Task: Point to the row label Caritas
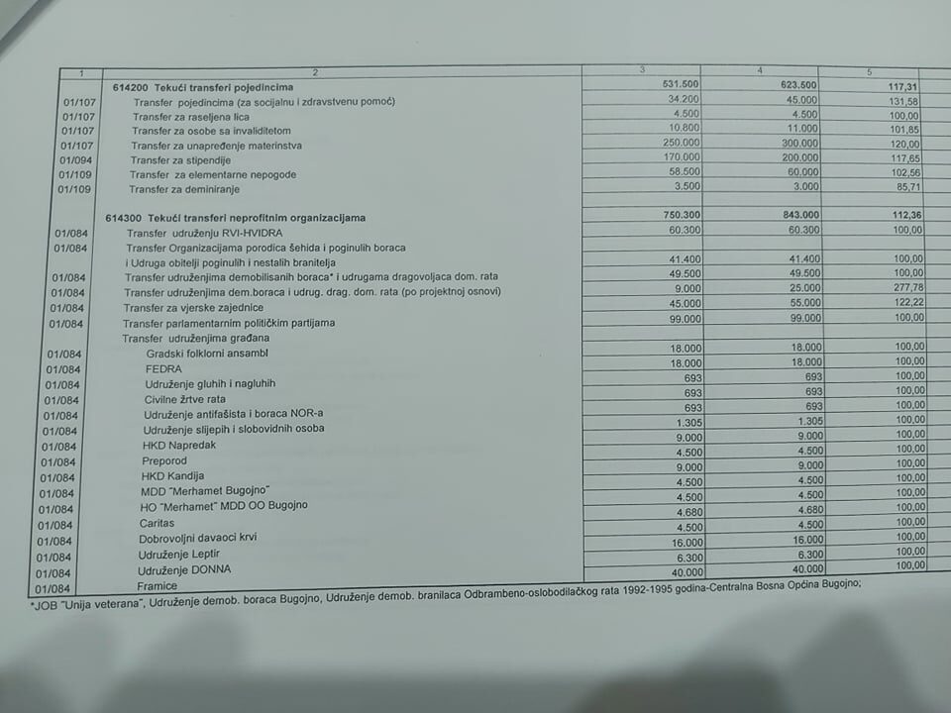[157, 522]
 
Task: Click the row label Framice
[158, 586]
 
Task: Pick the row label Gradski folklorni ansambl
[207, 354]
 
